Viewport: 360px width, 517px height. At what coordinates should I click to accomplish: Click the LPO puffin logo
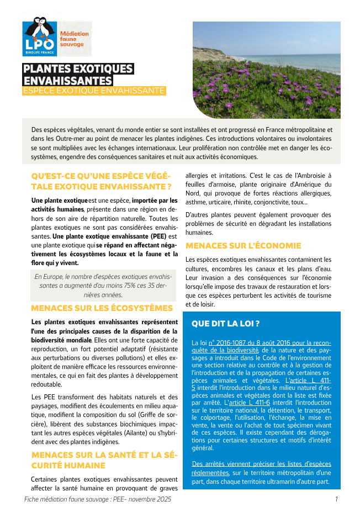[x=39, y=36]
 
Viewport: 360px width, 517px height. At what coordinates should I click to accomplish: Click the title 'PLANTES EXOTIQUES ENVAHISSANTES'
[x=78, y=75]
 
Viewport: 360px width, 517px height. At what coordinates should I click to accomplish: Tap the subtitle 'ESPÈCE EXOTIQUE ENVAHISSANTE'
[x=93, y=91]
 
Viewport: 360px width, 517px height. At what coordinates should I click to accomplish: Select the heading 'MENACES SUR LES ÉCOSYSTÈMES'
[x=102, y=308]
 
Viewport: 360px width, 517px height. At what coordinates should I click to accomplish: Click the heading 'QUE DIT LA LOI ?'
[x=225, y=323]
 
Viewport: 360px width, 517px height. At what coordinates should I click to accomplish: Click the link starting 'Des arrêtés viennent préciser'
[x=261, y=468]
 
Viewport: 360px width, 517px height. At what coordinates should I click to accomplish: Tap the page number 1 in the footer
[x=336, y=499]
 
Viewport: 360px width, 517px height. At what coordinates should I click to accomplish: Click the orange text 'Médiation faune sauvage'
[x=73, y=39]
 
